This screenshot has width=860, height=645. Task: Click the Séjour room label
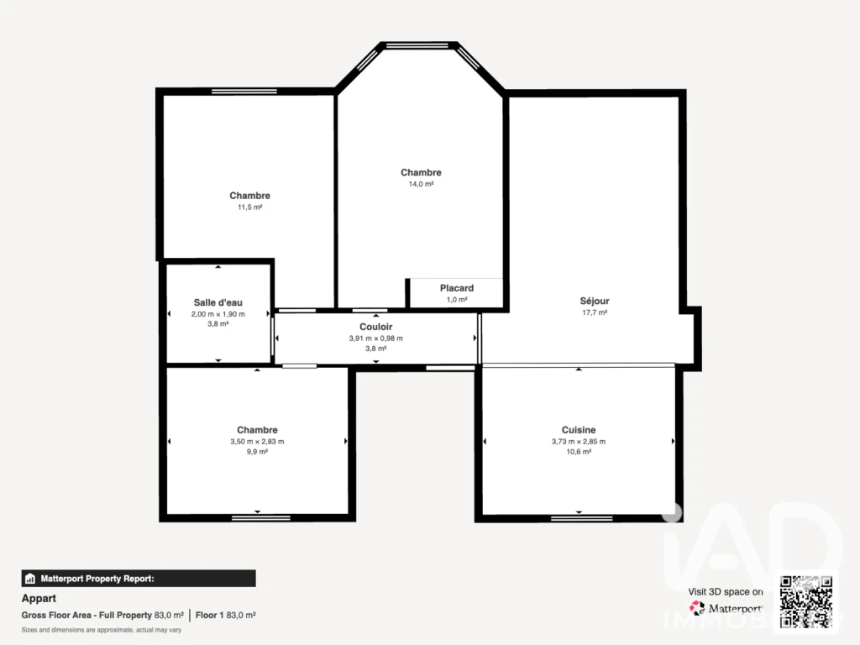[595, 301]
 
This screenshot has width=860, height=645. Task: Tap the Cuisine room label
[579, 430]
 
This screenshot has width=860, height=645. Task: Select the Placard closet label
[457, 288]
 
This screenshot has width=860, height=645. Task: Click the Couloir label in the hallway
[375, 327]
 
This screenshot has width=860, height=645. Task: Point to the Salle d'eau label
[218, 302]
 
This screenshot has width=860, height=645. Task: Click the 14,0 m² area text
[422, 184]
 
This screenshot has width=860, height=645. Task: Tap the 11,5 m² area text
[249, 207]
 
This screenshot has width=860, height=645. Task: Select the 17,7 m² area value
[595, 312]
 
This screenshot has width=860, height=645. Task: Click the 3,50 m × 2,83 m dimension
[257, 442]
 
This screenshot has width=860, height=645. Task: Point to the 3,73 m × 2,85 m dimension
[579, 442]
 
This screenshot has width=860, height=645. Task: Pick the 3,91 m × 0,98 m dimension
[375, 338]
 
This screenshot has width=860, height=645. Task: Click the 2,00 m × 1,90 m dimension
[218, 314]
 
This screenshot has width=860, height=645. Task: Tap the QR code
[806, 601]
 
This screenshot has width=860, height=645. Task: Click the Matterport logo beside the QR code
[726, 608]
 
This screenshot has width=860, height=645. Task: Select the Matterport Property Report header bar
[139, 579]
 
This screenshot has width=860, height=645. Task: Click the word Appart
[39, 598]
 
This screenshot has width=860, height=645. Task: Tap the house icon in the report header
[30, 579]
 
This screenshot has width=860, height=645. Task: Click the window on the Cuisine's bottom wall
[581, 517]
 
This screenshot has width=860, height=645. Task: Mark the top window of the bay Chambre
[417, 45]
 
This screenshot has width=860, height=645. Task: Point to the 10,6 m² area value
[579, 452]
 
